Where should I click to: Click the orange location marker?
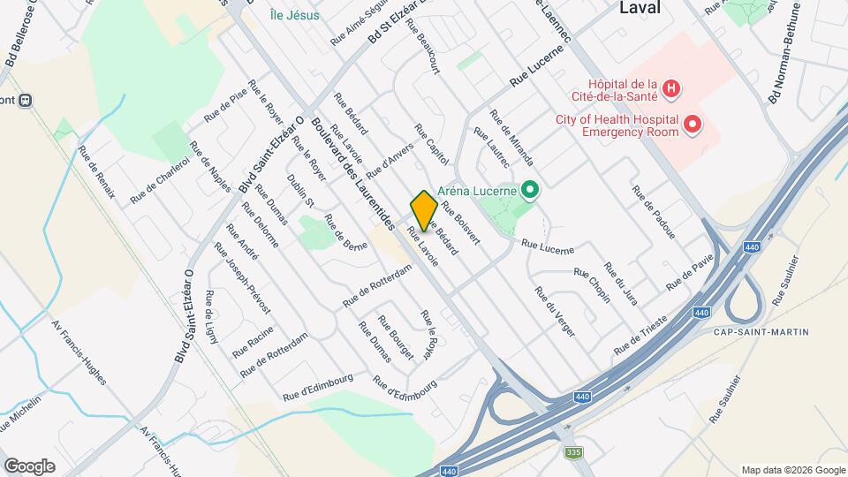coord(424,210)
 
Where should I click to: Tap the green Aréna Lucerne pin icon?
coord(530,190)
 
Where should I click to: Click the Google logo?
coord(29,466)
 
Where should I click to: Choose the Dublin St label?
coord(300,190)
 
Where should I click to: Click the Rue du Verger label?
coord(555,312)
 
